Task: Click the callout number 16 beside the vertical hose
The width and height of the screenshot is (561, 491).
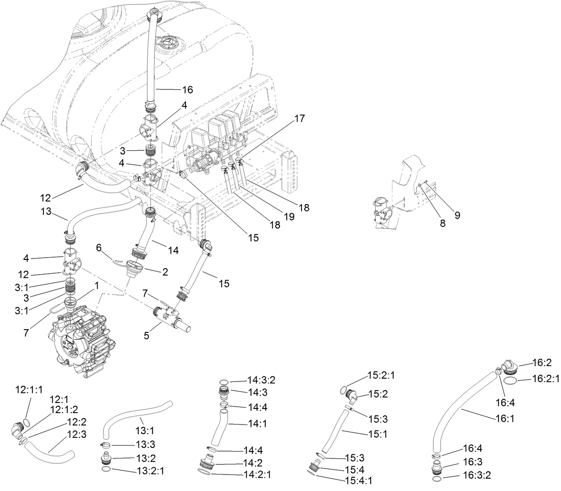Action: tap(175, 89)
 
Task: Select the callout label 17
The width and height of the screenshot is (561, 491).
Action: tap(299, 118)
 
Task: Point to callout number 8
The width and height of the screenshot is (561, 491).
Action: tap(442, 224)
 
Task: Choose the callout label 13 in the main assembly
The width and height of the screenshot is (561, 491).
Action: tap(46, 212)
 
